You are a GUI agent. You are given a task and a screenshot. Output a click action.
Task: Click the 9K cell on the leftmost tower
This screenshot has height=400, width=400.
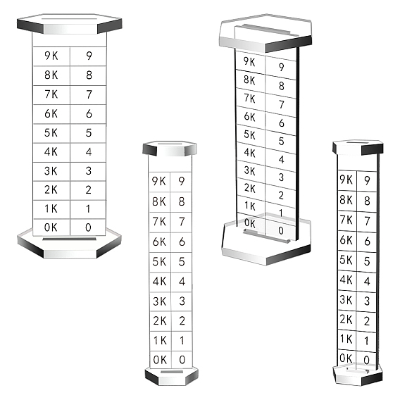(51, 56)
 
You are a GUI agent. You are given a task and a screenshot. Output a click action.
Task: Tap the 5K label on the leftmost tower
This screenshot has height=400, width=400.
(51, 132)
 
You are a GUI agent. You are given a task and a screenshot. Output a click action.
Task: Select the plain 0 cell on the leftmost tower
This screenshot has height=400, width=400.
(88, 227)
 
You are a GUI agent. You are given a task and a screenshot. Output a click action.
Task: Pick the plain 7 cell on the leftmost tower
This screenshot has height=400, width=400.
(88, 94)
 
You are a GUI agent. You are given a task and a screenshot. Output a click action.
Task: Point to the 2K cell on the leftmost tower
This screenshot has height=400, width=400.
(51, 190)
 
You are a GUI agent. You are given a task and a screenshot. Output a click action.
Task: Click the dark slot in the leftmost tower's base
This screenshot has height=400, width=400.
(70, 239)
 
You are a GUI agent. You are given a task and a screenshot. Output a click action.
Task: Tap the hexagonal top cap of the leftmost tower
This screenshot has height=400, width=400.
(70, 24)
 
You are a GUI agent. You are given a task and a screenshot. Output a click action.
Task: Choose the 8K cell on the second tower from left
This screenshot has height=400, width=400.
(159, 202)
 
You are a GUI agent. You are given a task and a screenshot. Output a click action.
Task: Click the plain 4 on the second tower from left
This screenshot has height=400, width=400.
(182, 282)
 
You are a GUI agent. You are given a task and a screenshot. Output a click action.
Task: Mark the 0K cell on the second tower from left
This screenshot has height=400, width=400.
(160, 360)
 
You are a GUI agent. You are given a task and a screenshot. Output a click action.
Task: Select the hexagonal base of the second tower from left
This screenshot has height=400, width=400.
(172, 376)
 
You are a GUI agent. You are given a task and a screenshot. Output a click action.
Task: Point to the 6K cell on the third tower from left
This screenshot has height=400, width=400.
(251, 117)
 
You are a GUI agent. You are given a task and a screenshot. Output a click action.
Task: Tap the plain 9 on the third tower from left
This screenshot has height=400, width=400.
(281, 67)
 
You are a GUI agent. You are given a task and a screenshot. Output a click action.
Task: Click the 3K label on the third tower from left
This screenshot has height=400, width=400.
(249, 170)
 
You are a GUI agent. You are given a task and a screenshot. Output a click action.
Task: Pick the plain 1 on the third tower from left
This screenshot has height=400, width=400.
(281, 213)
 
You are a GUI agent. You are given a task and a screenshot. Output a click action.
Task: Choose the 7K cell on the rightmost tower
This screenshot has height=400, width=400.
(347, 220)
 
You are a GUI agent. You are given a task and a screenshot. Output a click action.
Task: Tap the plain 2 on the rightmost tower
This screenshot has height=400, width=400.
(367, 321)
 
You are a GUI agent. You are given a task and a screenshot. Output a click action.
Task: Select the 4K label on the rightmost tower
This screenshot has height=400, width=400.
(346, 280)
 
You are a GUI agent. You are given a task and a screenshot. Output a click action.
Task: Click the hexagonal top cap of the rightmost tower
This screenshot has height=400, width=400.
(358, 147)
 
